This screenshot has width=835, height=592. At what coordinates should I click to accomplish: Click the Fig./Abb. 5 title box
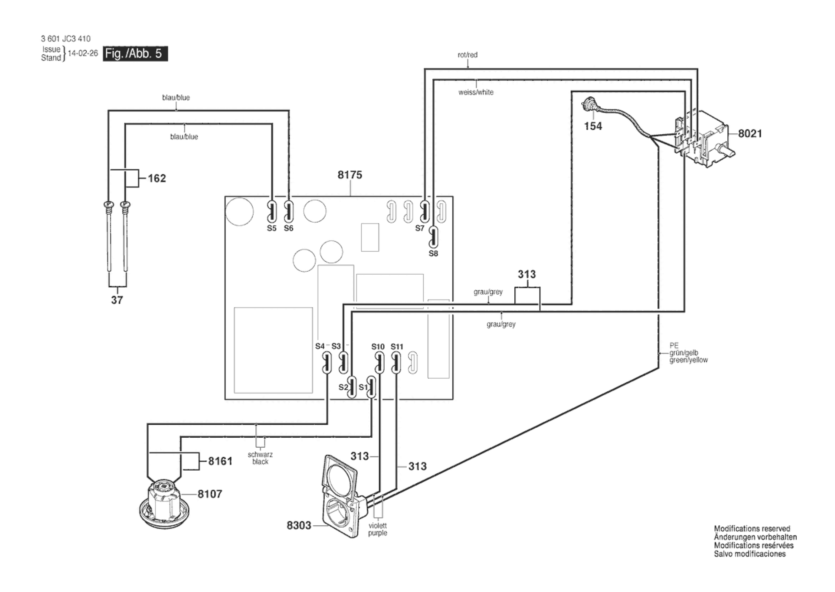point(135,54)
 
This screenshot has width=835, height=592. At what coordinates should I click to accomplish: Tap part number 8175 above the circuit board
point(350,175)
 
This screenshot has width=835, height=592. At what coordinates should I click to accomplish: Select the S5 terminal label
point(272,228)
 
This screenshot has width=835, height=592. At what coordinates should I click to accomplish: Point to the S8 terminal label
point(433,253)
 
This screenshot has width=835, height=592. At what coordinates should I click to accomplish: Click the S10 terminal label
point(378,347)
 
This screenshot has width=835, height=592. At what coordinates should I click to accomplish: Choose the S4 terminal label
point(320,346)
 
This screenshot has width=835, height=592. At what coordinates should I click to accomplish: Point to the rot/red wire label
point(467,55)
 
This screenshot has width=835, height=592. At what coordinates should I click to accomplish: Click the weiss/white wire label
point(476,92)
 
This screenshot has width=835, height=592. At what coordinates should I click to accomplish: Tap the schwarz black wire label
point(260,458)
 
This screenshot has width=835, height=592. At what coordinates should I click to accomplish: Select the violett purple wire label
point(378,529)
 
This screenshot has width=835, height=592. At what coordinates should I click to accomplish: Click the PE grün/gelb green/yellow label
point(688,353)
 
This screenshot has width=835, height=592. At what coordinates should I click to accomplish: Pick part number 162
point(157,178)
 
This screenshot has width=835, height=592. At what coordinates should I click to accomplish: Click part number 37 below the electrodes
point(117,300)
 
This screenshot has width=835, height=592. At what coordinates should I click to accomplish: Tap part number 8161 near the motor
point(220,461)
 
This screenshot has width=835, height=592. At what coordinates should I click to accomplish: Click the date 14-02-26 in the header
point(83,53)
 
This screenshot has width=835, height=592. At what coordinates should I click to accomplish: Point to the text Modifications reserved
point(752,528)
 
